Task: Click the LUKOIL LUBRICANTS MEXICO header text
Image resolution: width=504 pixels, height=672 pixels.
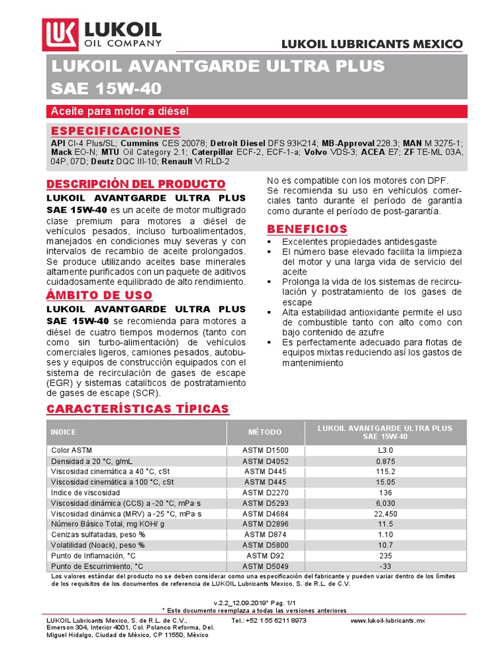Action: click(372, 44)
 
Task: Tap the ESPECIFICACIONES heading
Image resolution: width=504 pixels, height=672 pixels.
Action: click(115, 131)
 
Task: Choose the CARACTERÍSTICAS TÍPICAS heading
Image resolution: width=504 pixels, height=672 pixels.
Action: click(138, 409)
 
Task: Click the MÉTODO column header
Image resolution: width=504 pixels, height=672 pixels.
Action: click(265, 432)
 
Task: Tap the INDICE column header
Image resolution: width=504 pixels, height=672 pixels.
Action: click(64, 432)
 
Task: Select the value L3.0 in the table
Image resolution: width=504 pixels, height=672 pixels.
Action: click(385, 450)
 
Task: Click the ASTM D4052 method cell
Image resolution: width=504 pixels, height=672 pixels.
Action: click(265, 461)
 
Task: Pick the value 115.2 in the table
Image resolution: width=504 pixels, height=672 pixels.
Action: click(385, 471)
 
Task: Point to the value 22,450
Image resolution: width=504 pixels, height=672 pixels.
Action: click(385, 513)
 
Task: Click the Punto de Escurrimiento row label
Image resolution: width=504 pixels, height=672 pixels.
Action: click(96, 566)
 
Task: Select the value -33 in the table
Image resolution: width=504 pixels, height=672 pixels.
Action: click(385, 566)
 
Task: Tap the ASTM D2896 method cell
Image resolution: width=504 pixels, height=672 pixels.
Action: click(265, 524)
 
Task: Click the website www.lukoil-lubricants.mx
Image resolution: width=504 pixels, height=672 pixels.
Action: click(388, 619)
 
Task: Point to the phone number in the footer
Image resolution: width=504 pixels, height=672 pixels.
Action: click(269, 619)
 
